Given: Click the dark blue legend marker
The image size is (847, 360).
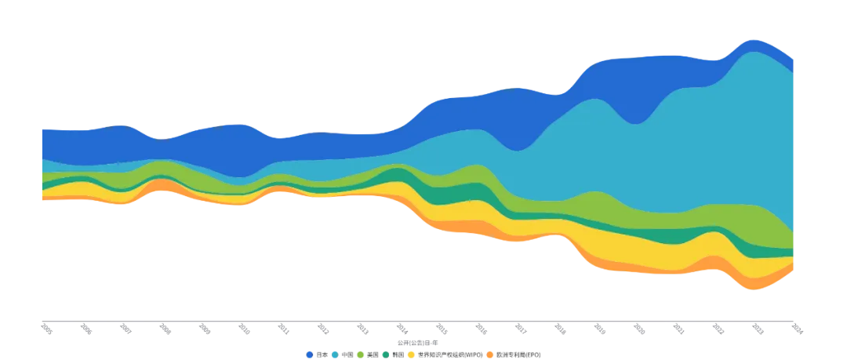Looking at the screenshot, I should [x=310, y=355].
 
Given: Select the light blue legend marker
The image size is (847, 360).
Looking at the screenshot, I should [x=335, y=355].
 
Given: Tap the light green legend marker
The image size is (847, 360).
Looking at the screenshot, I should [x=360, y=355].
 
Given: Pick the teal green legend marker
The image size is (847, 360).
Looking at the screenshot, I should [x=386, y=355].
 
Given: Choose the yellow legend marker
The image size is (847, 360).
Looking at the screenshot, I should [x=411, y=355].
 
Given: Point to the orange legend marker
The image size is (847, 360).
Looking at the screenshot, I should [x=490, y=355].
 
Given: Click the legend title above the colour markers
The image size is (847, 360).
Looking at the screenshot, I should [x=405, y=343].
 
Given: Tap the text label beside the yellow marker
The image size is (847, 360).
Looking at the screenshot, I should [x=447, y=355].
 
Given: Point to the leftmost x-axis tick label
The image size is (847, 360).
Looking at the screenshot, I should [x=45, y=332].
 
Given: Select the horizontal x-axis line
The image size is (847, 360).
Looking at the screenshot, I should [x=423, y=322].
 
